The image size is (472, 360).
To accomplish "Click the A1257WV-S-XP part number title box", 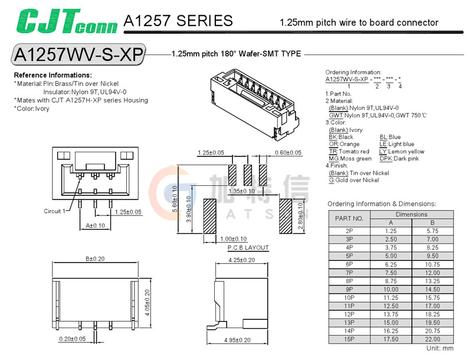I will [78, 54].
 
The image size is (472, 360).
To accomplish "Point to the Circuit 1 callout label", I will [55, 211].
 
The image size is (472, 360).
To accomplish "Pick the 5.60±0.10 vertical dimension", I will [175, 201].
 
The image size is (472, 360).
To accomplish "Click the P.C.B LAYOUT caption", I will [248, 248].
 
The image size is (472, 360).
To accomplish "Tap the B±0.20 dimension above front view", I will [94, 258].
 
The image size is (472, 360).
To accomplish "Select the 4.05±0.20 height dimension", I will [147, 300].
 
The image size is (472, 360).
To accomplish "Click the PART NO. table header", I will [349, 218].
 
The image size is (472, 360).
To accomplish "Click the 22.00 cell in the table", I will [432, 339].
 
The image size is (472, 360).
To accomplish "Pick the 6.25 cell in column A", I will [390, 265].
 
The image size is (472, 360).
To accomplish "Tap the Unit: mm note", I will [440, 349].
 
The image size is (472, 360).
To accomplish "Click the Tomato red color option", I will [349, 152].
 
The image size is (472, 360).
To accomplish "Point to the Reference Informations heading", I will [53, 76].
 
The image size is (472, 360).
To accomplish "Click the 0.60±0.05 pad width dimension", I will [289, 152].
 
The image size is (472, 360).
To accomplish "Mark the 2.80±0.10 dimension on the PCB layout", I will [300, 217].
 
